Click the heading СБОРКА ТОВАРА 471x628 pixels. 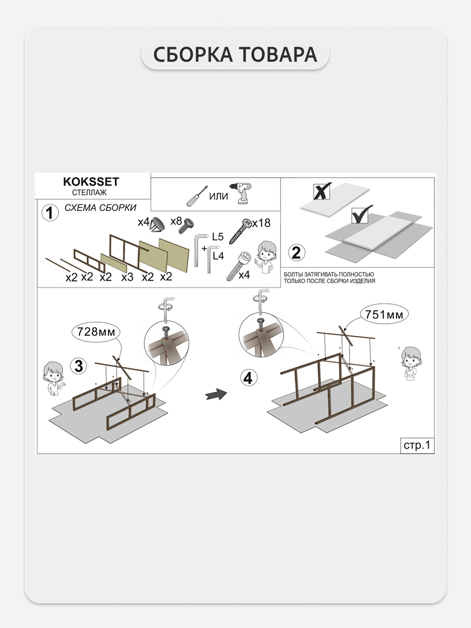click(x=235, y=54)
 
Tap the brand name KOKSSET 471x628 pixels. click(x=91, y=182)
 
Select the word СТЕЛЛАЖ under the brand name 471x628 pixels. click(x=89, y=193)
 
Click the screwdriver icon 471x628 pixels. click(x=197, y=196)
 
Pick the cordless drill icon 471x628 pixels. click(x=244, y=194)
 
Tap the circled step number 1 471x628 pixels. click(x=50, y=213)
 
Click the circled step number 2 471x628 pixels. click(x=297, y=253)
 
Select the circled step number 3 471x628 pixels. click(x=79, y=366)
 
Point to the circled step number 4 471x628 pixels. click(x=249, y=378)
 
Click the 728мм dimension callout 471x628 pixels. click(x=96, y=332)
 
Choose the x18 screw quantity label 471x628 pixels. click(x=261, y=223)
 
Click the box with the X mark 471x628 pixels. click(x=322, y=191)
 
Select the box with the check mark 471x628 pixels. click(x=361, y=215)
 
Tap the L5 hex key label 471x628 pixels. click(x=218, y=237)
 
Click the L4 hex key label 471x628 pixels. click(x=219, y=256)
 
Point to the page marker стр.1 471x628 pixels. click(x=417, y=445)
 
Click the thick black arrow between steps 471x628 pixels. click(x=216, y=394)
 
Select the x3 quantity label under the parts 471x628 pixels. click(x=127, y=277)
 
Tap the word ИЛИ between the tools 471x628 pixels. click(x=219, y=196)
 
